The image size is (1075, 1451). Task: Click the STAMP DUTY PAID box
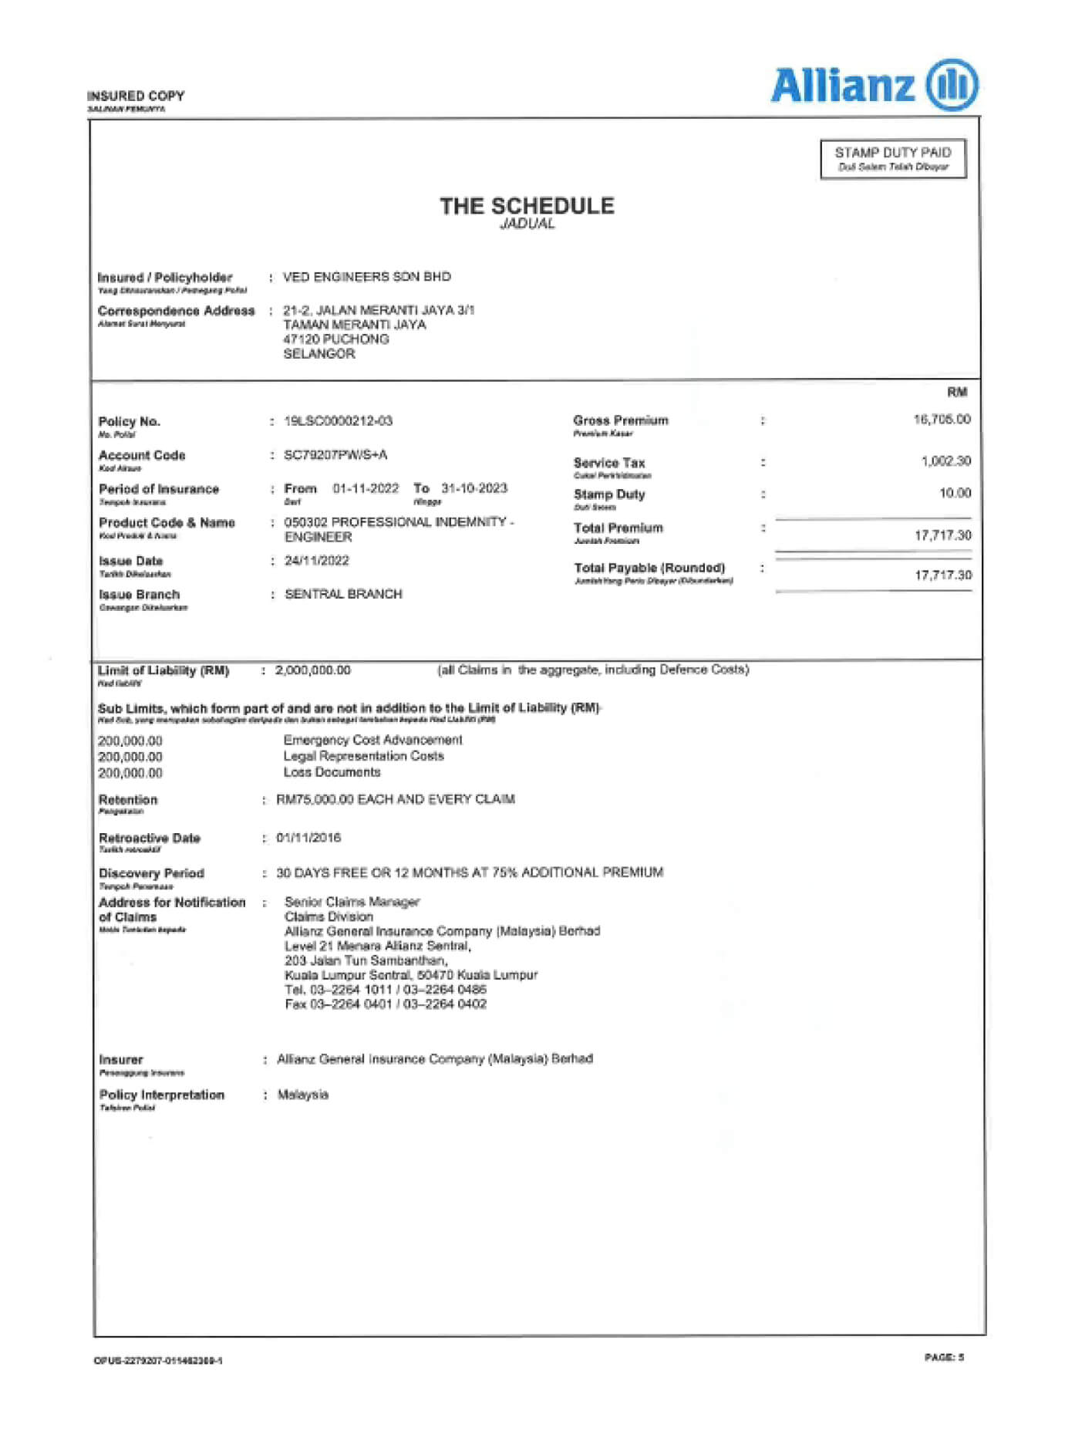point(893,159)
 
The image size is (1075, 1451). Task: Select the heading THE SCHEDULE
point(527,206)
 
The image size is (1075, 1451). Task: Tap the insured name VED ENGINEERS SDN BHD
point(366,277)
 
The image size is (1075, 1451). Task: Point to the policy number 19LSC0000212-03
point(338,421)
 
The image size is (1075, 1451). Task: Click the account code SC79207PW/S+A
point(335,455)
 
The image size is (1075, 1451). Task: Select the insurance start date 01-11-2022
point(366,488)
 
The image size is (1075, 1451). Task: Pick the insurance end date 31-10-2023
point(474,488)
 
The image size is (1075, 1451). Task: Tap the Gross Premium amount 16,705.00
point(942,420)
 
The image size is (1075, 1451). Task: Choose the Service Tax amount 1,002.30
point(945,461)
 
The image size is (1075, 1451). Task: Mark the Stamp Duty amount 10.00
point(955,493)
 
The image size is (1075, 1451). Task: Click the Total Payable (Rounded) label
point(649,569)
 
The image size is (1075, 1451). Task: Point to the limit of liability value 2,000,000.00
point(312,670)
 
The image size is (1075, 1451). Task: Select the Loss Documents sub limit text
point(332,772)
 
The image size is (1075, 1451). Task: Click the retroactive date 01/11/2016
point(308,838)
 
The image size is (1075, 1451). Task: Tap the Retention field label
point(128,800)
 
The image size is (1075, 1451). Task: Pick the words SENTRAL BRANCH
point(343,594)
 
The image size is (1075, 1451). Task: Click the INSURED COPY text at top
point(136,96)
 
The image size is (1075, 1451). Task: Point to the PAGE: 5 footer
point(944,1357)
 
